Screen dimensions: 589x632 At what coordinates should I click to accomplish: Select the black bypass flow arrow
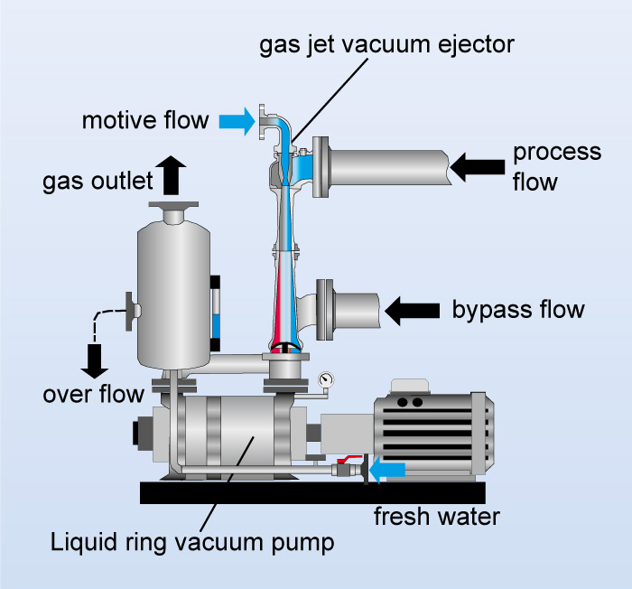(x=411, y=310)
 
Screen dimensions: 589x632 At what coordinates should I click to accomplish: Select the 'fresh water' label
(x=437, y=518)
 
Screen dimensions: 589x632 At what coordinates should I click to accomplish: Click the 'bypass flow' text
(x=518, y=310)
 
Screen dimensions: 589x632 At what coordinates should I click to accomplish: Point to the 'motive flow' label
(x=144, y=120)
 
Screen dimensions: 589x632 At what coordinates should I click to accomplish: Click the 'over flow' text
(x=94, y=394)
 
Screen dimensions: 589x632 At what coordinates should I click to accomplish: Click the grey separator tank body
(x=172, y=289)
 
